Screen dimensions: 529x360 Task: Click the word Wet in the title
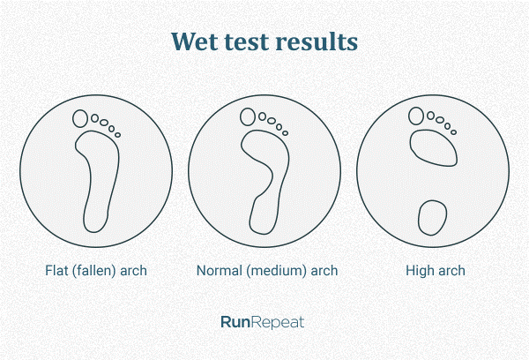[195, 41]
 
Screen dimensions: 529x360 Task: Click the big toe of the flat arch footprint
[80, 118]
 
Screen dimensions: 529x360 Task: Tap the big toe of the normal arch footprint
[248, 116]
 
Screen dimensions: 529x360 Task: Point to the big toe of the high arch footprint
[416, 116]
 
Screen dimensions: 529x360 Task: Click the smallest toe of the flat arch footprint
[117, 135]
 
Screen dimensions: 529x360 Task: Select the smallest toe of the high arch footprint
[453, 132]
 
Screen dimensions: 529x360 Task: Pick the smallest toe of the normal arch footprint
[285, 133]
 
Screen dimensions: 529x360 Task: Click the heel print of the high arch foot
[432, 217]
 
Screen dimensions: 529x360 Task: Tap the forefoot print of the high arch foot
[434, 148]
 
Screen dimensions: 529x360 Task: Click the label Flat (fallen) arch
[96, 271]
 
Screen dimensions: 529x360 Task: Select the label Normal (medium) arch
[267, 271]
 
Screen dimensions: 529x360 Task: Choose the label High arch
[436, 271]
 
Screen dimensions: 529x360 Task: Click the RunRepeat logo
[263, 323]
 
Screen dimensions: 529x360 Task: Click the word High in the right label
[418, 271]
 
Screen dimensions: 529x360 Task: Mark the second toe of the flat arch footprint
[95, 118]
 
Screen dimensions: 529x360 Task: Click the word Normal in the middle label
[220, 271]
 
